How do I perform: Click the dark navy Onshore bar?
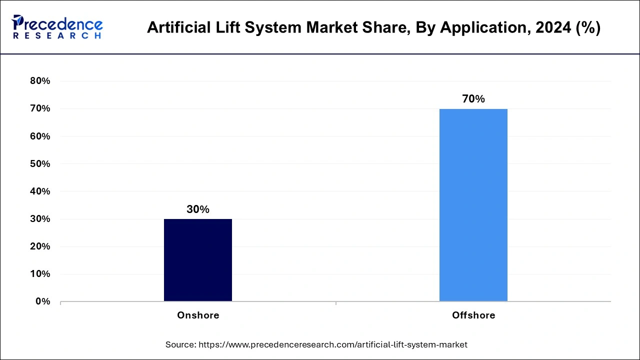(198, 260)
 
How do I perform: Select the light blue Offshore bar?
(473, 205)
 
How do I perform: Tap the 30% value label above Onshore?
(198, 209)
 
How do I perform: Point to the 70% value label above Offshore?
(473, 99)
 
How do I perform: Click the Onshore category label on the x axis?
(198, 315)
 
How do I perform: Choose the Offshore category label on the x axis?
(473, 315)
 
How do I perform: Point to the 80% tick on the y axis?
(40, 81)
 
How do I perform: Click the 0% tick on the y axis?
(43, 301)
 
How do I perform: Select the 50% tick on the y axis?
(40, 164)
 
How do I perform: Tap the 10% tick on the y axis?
(40, 274)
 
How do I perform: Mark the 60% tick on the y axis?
(40, 136)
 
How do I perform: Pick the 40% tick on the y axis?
(40, 191)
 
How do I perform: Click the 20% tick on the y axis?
(40, 246)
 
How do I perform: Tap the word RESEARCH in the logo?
(57, 36)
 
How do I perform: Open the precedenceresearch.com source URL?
(333, 344)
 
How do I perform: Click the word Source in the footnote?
(180, 344)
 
